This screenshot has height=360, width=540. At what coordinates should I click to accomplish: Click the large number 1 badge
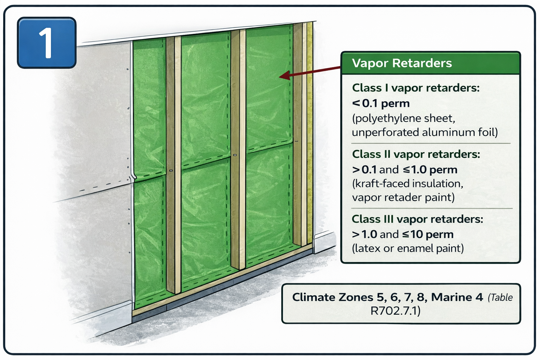click(46, 43)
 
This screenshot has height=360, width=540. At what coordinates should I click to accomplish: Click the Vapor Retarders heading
click(402, 63)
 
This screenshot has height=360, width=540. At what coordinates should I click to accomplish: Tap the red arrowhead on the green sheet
click(284, 76)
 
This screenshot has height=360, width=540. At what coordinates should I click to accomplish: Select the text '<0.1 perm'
click(381, 103)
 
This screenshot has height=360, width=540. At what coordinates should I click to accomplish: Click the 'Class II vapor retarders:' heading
click(416, 154)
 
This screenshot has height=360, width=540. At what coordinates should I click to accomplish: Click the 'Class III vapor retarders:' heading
click(417, 219)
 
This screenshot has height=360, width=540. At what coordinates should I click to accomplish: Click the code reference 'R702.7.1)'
click(395, 311)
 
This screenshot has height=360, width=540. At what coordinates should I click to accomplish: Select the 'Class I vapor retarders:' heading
click(416, 88)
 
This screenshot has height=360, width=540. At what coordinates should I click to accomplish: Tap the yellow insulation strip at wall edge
click(310, 134)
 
